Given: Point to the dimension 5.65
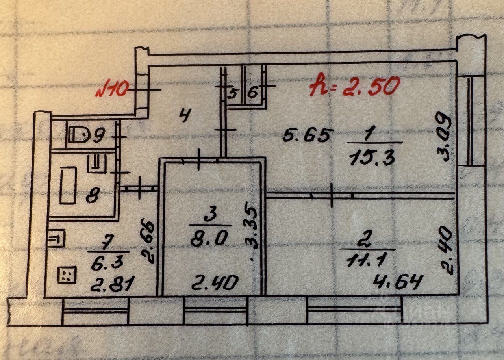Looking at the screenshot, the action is pos(309,136).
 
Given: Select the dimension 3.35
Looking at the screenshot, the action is pos(252,226).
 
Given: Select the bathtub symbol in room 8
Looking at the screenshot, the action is pos(68,185).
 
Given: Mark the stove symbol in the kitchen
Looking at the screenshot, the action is pos(67,275).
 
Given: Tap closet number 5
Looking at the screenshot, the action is pos(233,94).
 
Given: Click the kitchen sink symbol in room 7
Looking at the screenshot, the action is pos(56,239).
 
